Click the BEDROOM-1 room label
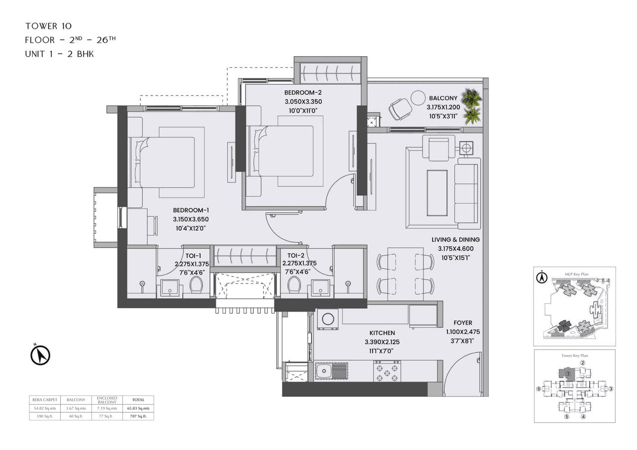191,210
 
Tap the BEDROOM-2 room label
303,92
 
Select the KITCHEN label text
382,333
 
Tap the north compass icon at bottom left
40,355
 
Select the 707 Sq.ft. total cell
138,416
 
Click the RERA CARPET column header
45,399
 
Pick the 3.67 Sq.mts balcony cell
76,408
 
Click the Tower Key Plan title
574,356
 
